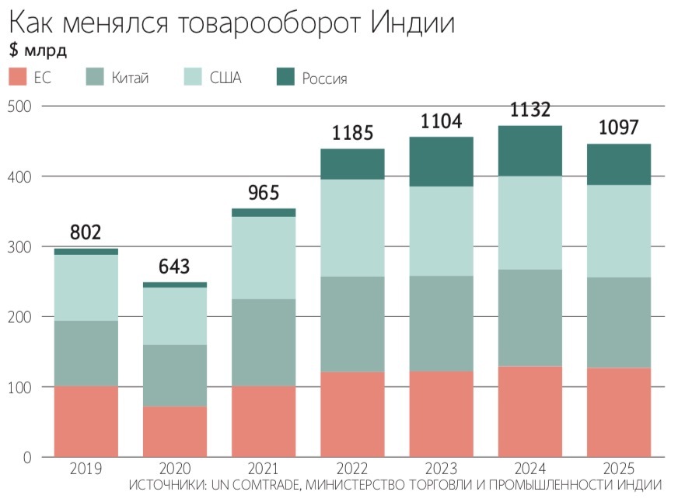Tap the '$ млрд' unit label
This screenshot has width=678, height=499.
(38, 51)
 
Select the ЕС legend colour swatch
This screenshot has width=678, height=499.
(18, 77)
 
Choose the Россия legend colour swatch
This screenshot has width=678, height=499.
(287, 77)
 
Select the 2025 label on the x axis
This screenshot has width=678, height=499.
(618, 469)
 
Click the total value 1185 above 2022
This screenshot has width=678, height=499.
(352, 132)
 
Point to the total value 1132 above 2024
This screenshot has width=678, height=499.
(529, 110)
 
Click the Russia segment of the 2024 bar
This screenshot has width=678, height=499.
(529, 151)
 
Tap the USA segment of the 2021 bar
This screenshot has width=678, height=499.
(264, 257)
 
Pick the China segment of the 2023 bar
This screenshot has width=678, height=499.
(441, 323)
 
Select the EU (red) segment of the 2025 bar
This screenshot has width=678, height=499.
(618, 412)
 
